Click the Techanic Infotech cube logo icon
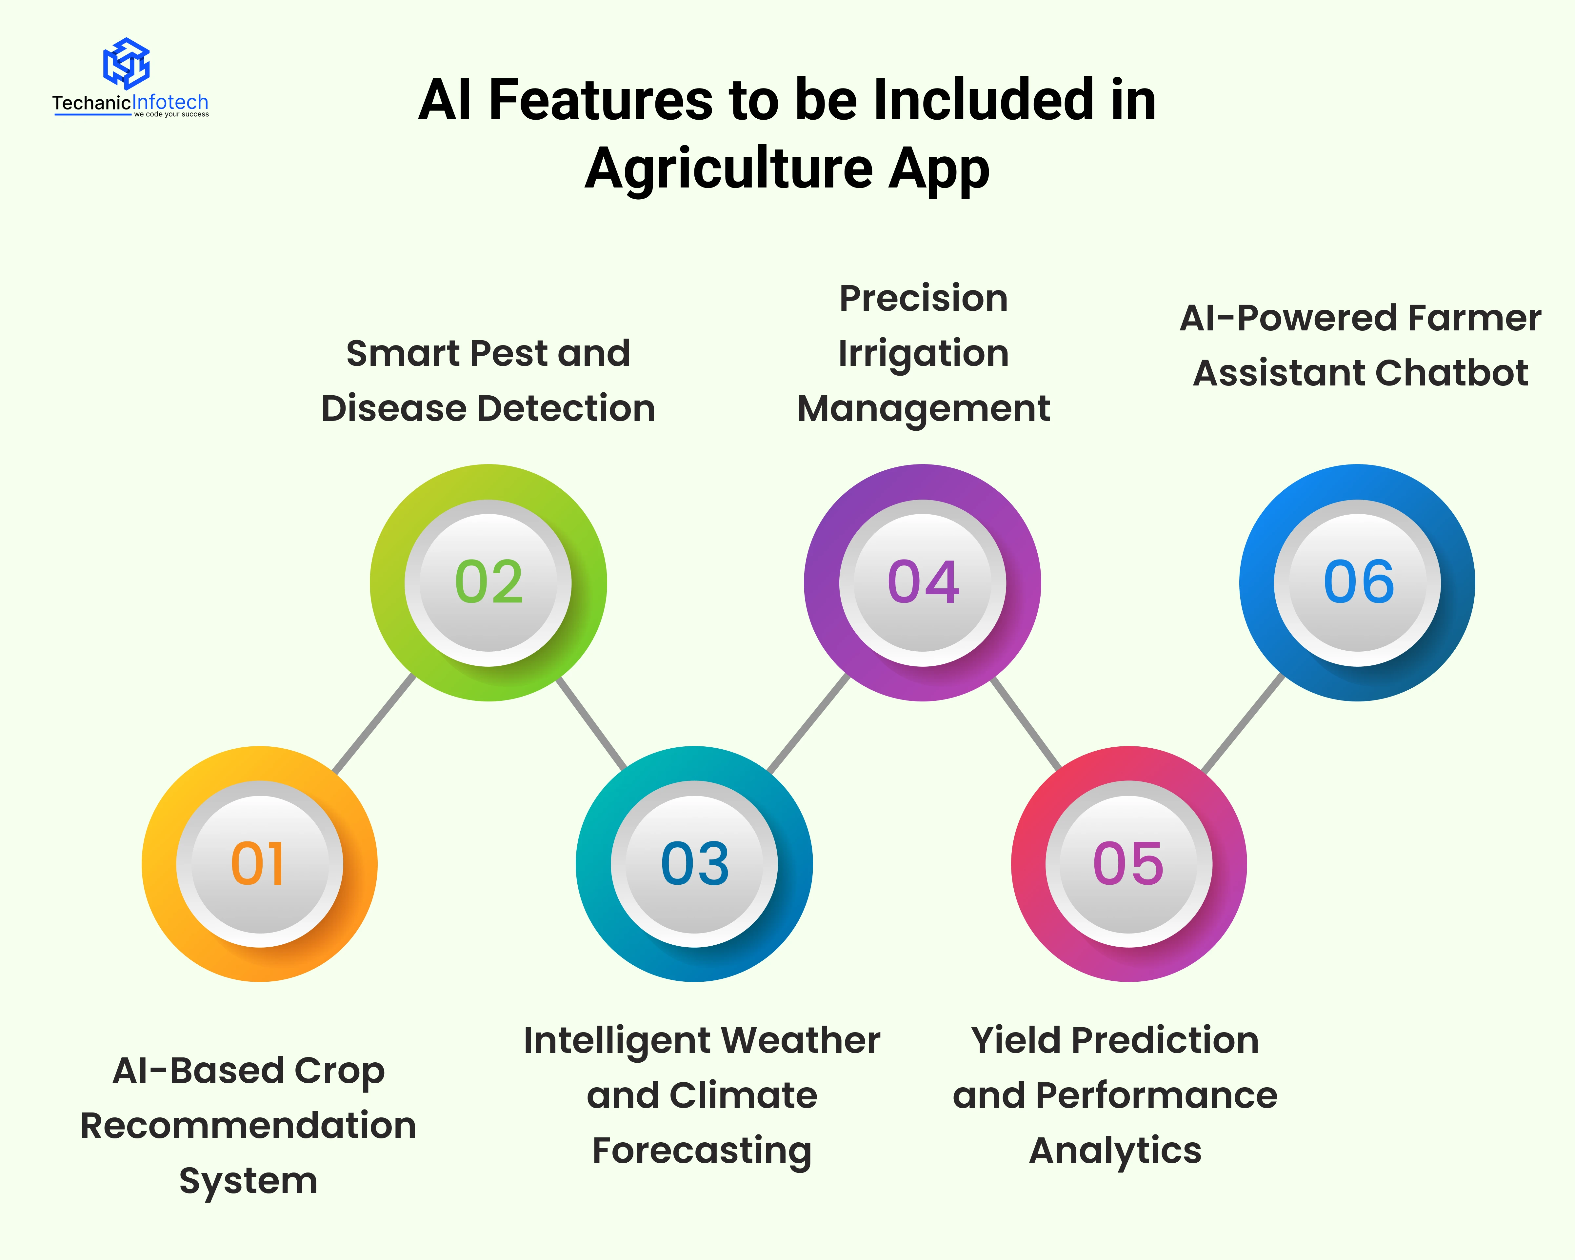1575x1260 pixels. pyautogui.click(x=126, y=64)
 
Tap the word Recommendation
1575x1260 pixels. pyautogui.click(x=249, y=1126)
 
